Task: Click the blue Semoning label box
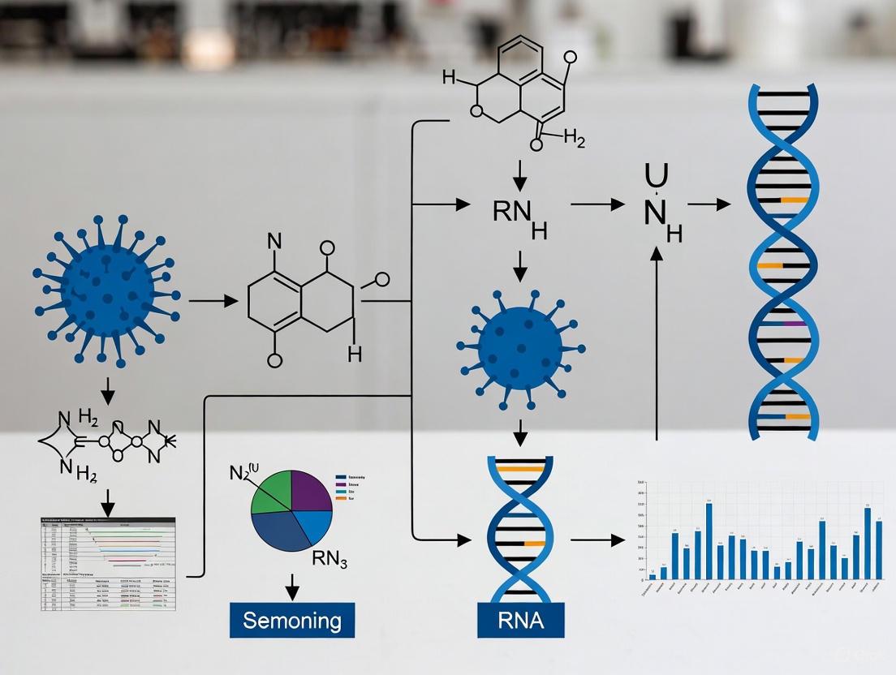(292, 621)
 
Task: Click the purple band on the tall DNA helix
(794, 325)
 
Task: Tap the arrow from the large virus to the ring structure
(213, 301)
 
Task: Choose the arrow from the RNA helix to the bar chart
(597, 538)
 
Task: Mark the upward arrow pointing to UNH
(657, 341)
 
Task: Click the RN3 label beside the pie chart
(330, 560)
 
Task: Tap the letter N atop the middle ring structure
(274, 241)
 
